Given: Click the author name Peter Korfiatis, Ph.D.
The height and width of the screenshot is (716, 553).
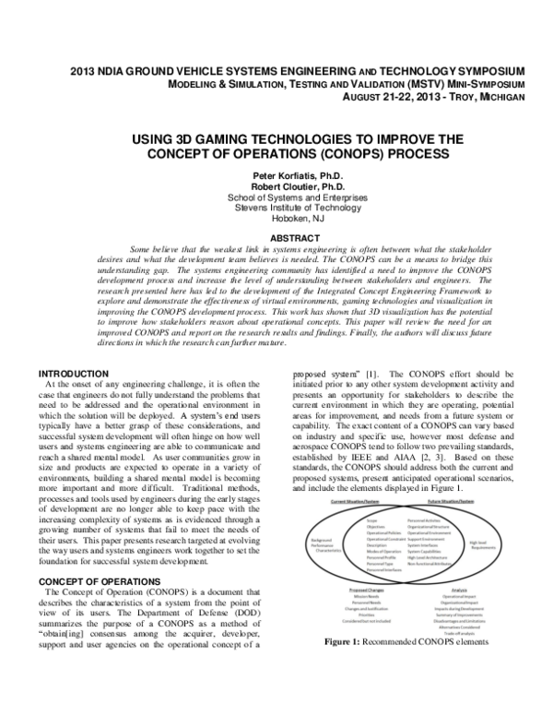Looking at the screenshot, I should tap(276, 174).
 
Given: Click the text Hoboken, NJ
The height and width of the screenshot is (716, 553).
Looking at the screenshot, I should tap(276, 217).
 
